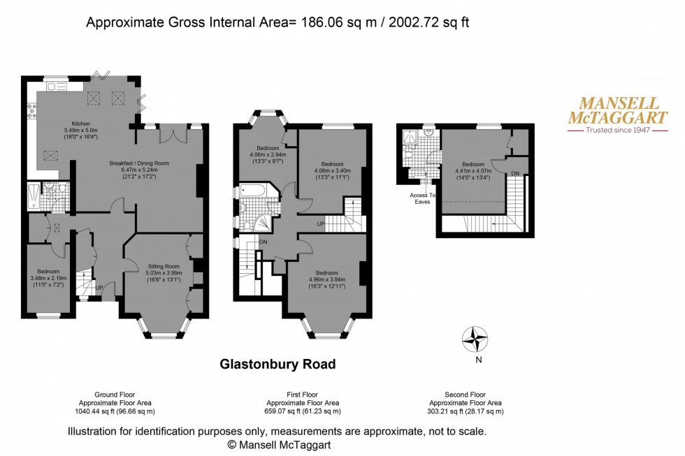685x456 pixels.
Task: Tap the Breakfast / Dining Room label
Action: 139,163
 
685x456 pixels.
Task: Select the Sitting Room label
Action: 164,266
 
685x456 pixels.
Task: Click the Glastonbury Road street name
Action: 277,364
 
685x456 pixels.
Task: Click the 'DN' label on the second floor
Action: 515,173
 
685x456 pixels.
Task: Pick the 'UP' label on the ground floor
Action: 99,286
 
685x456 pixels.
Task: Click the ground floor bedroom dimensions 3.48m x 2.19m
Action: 48,278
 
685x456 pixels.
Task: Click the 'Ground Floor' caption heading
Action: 113,395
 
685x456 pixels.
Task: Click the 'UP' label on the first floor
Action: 321,223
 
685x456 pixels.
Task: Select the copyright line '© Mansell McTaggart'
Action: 277,443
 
